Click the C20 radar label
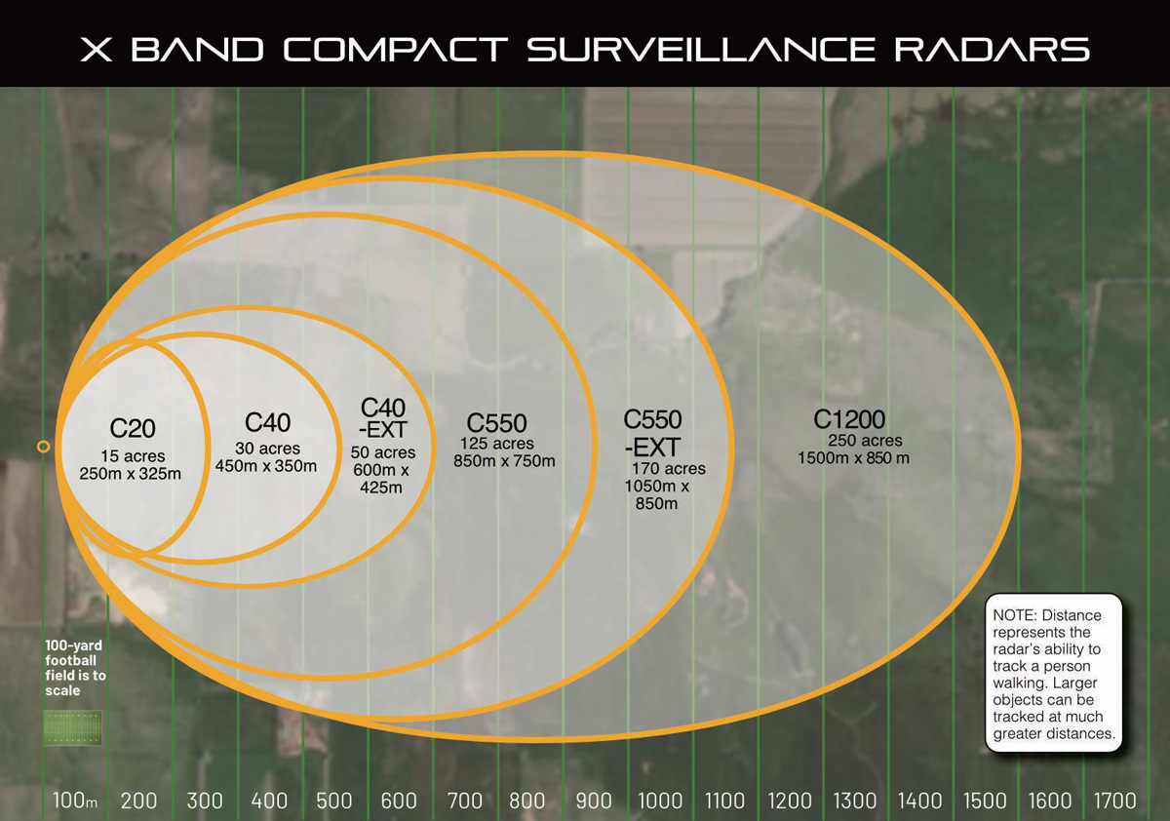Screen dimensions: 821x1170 pyautogui.click(x=133, y=428)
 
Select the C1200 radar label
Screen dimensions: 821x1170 pyautogui.click(x=849, y=420)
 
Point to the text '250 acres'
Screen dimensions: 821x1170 pyautogui.click(x=866, y=441)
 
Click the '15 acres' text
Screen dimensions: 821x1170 pyautogui.click(x=134, y=456)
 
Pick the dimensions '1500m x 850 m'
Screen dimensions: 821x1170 pyautogui.click(x=853, y=458)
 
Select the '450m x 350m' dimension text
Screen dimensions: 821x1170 pyautogui.click(x=265, y=466)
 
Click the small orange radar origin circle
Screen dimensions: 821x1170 pyautogui.click(x=43, y=447)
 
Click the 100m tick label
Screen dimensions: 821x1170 pyautogui.click(x=75, y=801)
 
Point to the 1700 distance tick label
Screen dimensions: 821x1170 pyautogui.click(x=1115, y=801)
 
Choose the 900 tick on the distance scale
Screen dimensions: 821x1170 pyautogui.click(x=593, y=801)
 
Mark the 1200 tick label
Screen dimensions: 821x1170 pyautogui.click(x=789, y=801)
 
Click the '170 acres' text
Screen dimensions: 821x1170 pyautogui.click(x=669, y=469)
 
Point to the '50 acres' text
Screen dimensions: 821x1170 pyautogui.click(x=383, y=453)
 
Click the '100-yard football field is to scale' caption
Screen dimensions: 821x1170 pyautogui.click(x=74, y=668)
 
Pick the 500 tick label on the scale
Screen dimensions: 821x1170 pyautogui.click(x=334, y=801)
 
